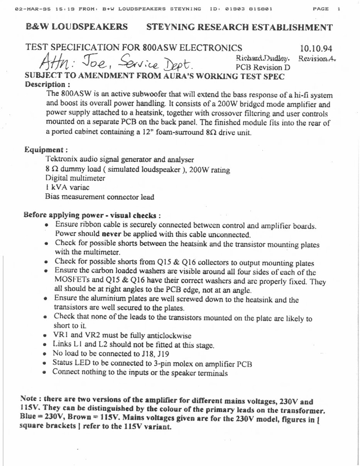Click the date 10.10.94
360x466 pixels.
316,49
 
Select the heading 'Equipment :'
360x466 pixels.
47,150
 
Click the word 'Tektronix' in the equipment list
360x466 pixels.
61,159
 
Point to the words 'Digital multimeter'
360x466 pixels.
75,178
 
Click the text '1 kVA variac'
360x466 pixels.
67,187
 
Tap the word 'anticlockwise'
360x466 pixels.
171,335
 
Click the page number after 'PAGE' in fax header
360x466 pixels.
338,9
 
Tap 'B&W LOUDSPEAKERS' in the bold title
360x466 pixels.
77,27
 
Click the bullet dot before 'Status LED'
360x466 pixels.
45,363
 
